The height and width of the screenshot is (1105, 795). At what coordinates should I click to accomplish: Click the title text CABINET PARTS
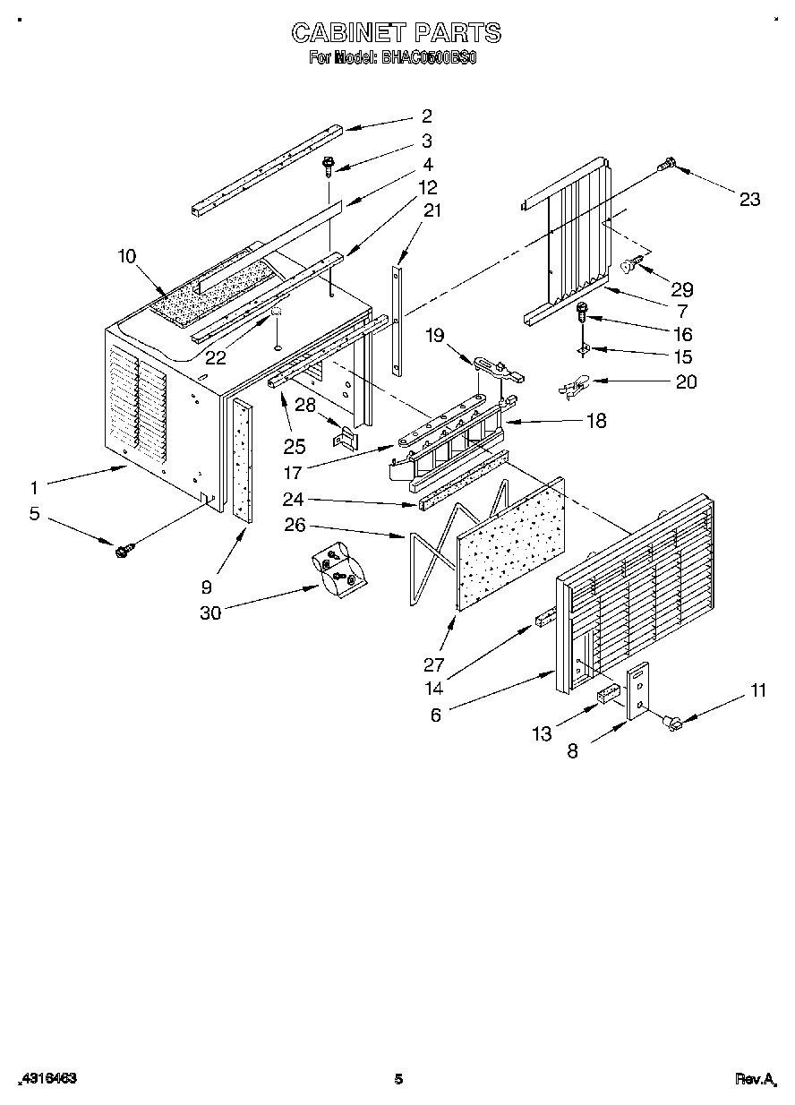(397, 33)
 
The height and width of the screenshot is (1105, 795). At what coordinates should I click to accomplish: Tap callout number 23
(748, 199)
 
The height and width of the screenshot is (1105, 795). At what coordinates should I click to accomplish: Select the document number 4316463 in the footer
(47, 1079)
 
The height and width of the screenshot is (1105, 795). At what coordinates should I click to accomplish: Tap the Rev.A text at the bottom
(755, 1080)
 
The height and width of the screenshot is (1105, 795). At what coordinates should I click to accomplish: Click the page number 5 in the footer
(398, 1079)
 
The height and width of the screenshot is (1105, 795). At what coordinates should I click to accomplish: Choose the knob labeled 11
(670, 721)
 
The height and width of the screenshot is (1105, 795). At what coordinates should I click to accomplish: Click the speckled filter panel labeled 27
(510, 543)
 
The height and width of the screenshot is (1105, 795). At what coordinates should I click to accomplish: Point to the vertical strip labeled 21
(397, 317)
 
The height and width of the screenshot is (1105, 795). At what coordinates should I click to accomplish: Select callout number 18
(595, 421)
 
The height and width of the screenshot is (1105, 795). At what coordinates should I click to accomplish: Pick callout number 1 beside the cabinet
(34, 488)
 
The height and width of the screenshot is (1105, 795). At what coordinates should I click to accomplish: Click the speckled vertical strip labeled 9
(242, 461)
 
